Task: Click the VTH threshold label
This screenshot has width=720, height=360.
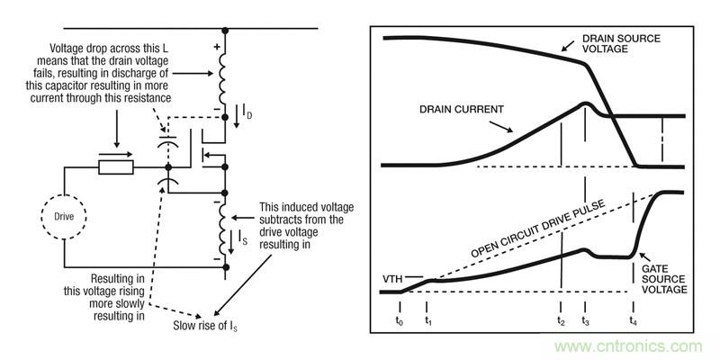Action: (393, 277)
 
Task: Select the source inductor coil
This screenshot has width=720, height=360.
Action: (224, 229)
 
